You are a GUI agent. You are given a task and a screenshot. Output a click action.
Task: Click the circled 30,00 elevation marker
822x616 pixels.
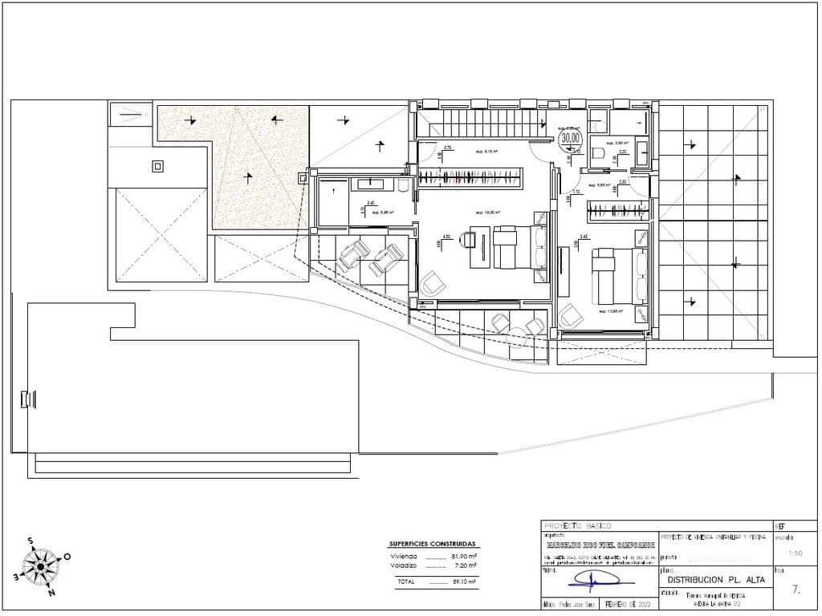coord(571,138)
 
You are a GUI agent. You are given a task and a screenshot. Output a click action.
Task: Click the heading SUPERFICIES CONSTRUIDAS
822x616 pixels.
coord(432,544)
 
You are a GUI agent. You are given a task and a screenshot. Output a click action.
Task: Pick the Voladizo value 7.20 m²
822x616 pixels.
coord(465,565)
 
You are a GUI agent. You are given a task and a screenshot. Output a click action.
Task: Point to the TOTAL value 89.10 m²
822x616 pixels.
coord(465,582)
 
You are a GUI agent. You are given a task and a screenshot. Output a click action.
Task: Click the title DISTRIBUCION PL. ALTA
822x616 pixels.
coord(716,579)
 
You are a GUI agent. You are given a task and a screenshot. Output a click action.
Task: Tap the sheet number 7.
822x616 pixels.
coord(796,590)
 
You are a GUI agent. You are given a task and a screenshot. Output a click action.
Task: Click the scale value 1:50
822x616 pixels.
coord(795,553)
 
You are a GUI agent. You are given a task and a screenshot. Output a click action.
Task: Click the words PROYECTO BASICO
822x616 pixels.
coord(577,526)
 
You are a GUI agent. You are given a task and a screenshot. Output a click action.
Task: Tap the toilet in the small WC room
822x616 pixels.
coord(597,152)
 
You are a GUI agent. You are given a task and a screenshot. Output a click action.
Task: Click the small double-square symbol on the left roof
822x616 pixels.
coord(157,167)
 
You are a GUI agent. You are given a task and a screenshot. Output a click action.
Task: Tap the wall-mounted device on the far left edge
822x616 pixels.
coord(26,399)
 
